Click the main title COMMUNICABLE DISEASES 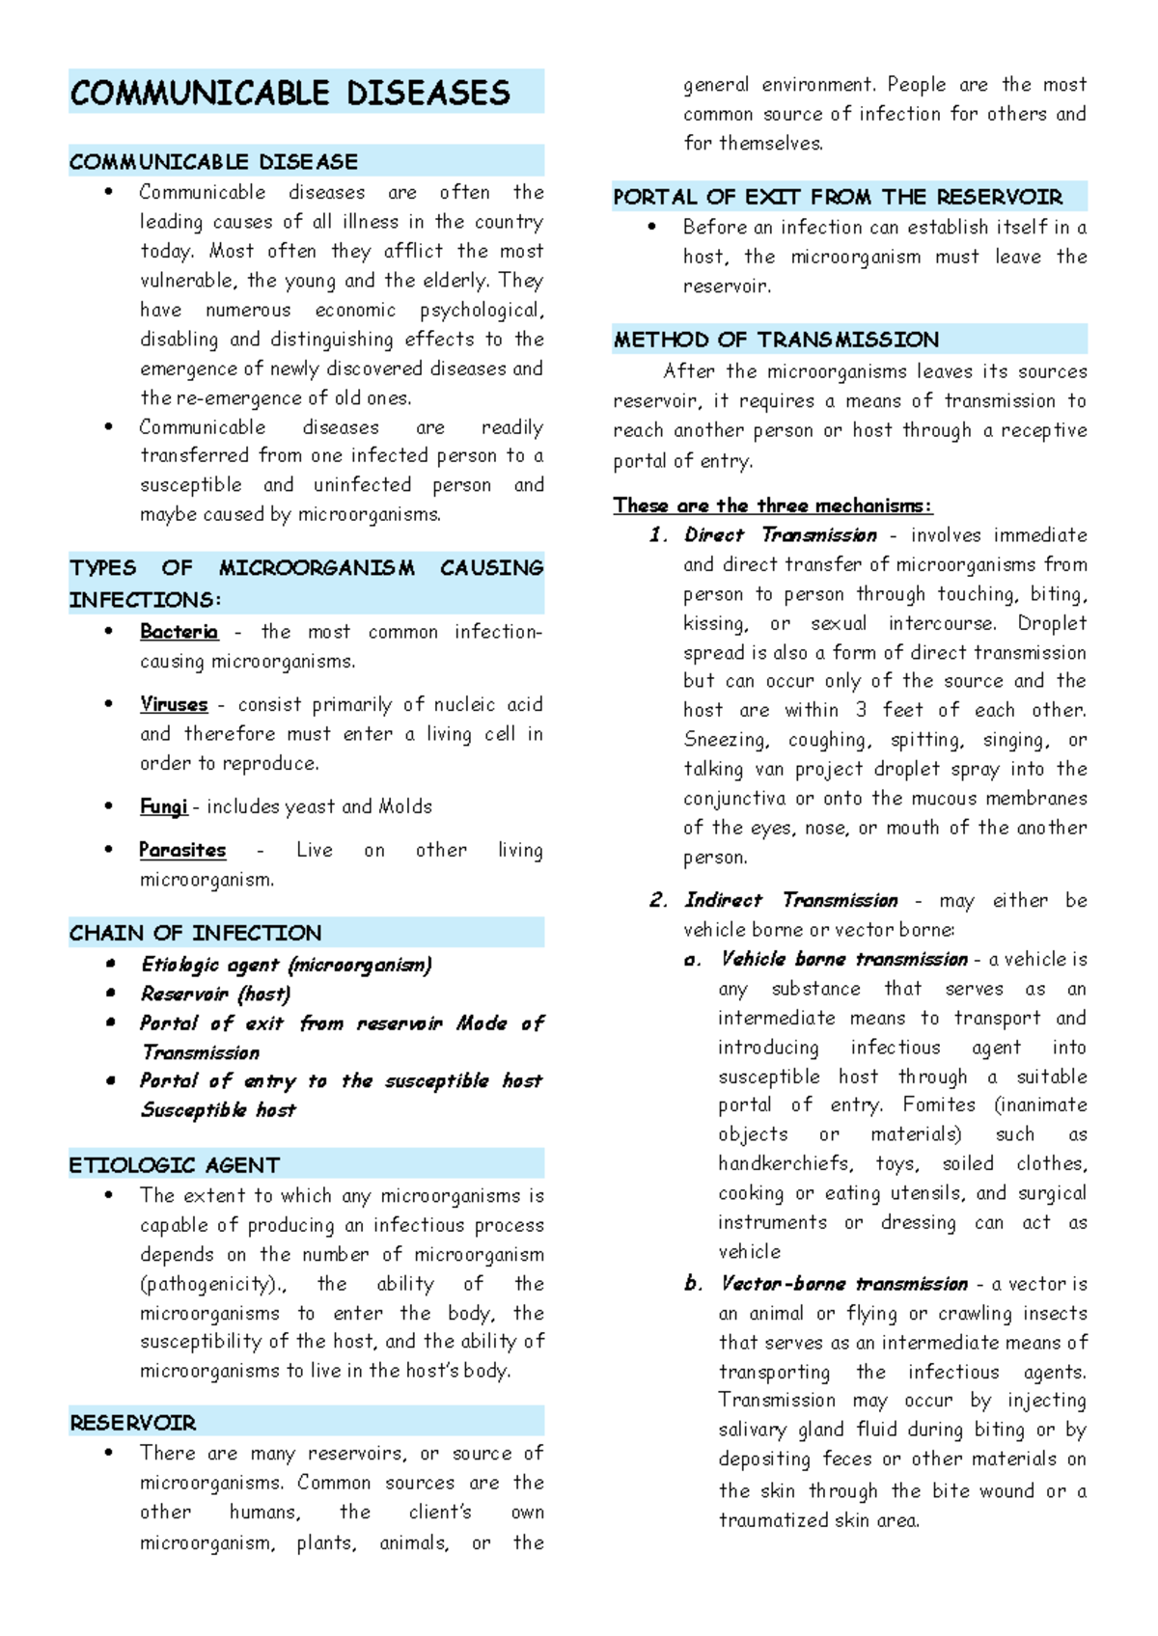289,93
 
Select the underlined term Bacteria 179,632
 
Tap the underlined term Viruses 174,704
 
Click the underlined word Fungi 163,806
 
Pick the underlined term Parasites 182,850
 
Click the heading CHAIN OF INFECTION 195,933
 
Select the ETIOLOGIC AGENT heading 175,1165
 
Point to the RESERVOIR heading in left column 132,1423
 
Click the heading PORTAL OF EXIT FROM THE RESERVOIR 837,197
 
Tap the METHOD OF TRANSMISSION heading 776,340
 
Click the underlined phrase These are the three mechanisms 772,505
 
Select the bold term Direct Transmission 780,535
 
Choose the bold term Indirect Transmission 790,900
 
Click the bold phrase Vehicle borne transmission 843,959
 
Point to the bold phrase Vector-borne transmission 843,1284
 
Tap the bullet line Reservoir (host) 215,994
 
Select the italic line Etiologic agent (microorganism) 286,965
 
